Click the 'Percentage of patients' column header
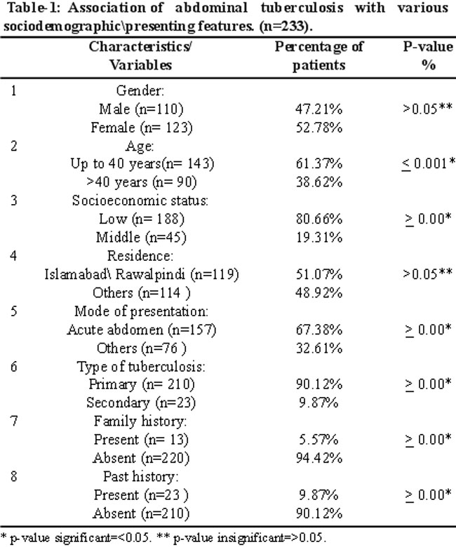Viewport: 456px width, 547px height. point(319,56)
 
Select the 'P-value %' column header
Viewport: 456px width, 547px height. point(428,56)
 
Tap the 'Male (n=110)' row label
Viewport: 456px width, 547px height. point(141,109)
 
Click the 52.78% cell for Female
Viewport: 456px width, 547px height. point(319,128)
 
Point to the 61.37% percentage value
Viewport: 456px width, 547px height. point(319,163)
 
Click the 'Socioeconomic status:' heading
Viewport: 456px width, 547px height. point(140,201)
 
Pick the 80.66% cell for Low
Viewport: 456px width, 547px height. point(319,219)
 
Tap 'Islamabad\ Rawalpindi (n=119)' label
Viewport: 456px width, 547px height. point(142,274)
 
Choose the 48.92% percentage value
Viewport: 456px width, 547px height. point(319,292)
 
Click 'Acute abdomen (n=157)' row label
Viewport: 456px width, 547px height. point(142,330)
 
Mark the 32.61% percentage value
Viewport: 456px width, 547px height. point(319,348)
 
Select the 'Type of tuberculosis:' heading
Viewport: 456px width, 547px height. point(141,367)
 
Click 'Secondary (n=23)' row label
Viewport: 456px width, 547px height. point(141,403)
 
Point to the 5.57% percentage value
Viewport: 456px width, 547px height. point(318,439)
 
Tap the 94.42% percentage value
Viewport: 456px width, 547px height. point(319,458)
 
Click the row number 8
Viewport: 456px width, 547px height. point(13,476)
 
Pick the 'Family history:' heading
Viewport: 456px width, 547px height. point(140,421)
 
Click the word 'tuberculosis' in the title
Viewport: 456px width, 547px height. point(302,8)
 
